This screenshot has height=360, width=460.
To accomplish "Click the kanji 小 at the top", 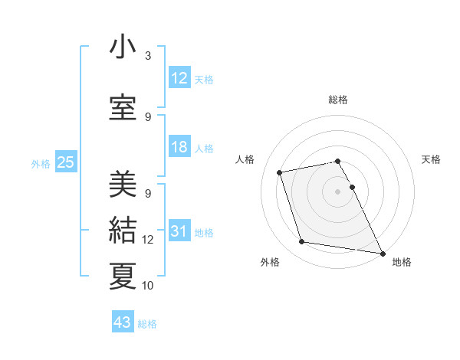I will coord(123,47).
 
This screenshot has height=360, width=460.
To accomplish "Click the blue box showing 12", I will coord(179,78).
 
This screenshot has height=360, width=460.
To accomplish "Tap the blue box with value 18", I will coord(179,147).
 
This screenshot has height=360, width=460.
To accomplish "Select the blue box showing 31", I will coord(179,231).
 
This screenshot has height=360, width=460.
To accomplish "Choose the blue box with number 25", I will coord(65,162).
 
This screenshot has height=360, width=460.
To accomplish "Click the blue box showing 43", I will coord(123,322).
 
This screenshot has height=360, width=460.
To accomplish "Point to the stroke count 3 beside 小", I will coord(148,55).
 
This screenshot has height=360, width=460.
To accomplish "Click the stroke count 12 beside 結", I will coord(148,240).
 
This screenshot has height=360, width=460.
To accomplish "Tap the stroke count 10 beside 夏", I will coord(148,285).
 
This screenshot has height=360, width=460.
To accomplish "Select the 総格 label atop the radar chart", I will coord(338,100).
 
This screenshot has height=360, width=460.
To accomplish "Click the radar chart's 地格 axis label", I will coord(402,262).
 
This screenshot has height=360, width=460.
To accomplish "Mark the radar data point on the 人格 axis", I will coord(280,172).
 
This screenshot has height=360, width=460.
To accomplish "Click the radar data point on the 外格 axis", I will coord(302,242).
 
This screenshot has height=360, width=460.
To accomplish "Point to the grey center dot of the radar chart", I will coord(338,191).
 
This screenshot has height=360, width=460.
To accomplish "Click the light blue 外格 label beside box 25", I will coord(40,163).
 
